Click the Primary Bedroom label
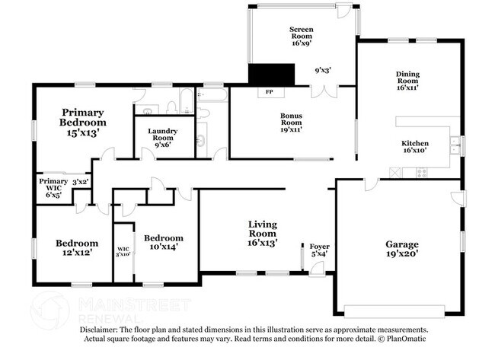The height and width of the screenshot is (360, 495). tap(83, 122)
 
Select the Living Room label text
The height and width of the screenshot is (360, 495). tap(262, 234)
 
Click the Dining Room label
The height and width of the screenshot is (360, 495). tap(407, 80)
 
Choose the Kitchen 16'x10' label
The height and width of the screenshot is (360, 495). tap(415, 147)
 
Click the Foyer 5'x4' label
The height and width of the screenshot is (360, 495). tap(319, 250)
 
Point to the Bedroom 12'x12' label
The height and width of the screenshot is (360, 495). tap(76, 248)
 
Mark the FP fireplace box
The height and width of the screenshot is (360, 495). tap(269, 92)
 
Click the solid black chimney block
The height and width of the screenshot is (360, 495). tap(271, 74)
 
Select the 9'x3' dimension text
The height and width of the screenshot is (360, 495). tap(323, 70)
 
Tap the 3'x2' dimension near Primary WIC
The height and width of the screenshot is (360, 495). tap(80, 182)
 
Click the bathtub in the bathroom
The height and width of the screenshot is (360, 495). tap(212, 96)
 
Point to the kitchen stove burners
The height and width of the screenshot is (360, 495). tap(420, 173)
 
